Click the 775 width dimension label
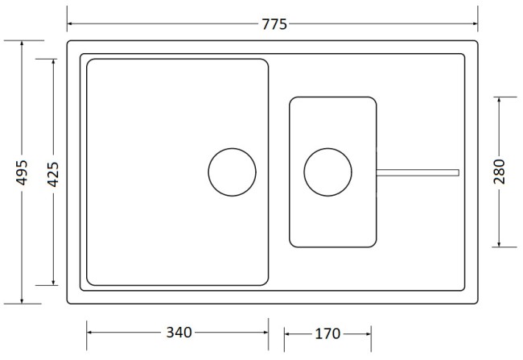274,24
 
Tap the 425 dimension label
54,172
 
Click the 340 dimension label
178,332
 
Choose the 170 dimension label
327,332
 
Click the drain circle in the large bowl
232,172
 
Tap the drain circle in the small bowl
327,172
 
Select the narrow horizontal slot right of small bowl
418,172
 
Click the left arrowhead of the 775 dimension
70,24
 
